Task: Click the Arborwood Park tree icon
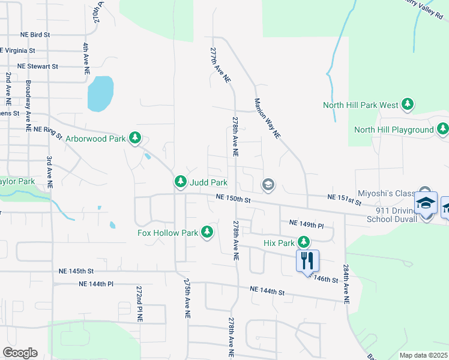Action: click(x=135, y=139)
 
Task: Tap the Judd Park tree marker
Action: click(x=180, y=181)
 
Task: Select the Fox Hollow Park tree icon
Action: click(x=207, y=232)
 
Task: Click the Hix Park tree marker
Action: click(x=304, y=242)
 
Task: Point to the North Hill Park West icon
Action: click(x=408, y=105)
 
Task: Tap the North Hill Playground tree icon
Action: click(x=442, y=129)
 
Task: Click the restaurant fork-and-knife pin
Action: click(x=307, y=260)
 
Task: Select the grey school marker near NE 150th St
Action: click(x=268, y=184)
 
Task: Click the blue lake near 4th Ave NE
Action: click(x=100, y=94)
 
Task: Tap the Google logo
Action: click(x=20, y=353)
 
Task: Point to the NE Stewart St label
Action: click(x=38, y=66)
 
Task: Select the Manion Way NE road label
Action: click(x=268, y=119)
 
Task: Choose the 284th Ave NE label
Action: click(x=346, y=284)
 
